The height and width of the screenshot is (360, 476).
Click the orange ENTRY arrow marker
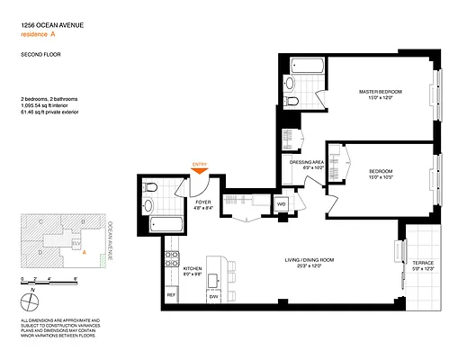click(x=200, y=167)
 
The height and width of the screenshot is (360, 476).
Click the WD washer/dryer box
click(x=281, y=204)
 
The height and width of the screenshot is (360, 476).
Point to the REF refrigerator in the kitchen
click(x=170, y=295)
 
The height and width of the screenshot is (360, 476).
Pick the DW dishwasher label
click(x=214, y=295)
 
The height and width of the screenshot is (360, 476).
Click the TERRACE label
click(x=422, y=260)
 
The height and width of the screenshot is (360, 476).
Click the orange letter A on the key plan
click(x=84, y=253)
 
